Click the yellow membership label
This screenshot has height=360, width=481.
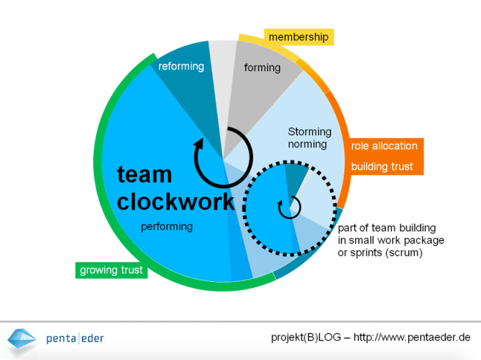299,37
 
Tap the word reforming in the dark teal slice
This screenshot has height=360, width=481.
181,66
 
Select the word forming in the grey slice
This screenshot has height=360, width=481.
262,67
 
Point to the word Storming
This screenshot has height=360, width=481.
310,132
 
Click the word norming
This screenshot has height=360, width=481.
307,144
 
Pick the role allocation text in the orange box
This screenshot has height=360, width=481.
384,146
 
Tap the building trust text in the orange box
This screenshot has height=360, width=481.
382,166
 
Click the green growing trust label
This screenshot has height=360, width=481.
111,270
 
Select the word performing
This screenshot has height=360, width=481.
167,227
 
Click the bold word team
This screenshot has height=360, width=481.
144,174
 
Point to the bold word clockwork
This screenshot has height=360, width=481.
176,201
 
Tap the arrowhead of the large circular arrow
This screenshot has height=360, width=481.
199,144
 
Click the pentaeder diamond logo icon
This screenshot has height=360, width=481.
22,338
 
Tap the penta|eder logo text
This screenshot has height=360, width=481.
75,338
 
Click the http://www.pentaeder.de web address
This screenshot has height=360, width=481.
412,337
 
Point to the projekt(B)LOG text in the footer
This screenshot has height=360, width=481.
306,337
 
